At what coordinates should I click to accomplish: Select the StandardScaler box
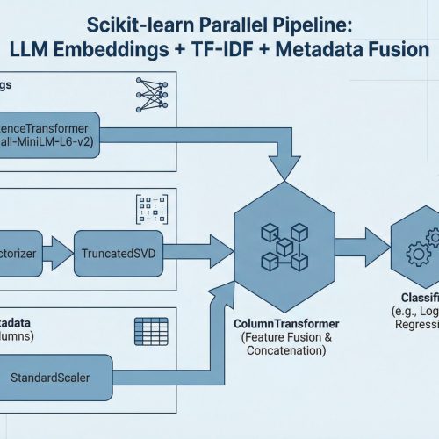[x=58, y=378]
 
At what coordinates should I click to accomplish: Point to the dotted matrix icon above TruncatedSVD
[x=146, y=208]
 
